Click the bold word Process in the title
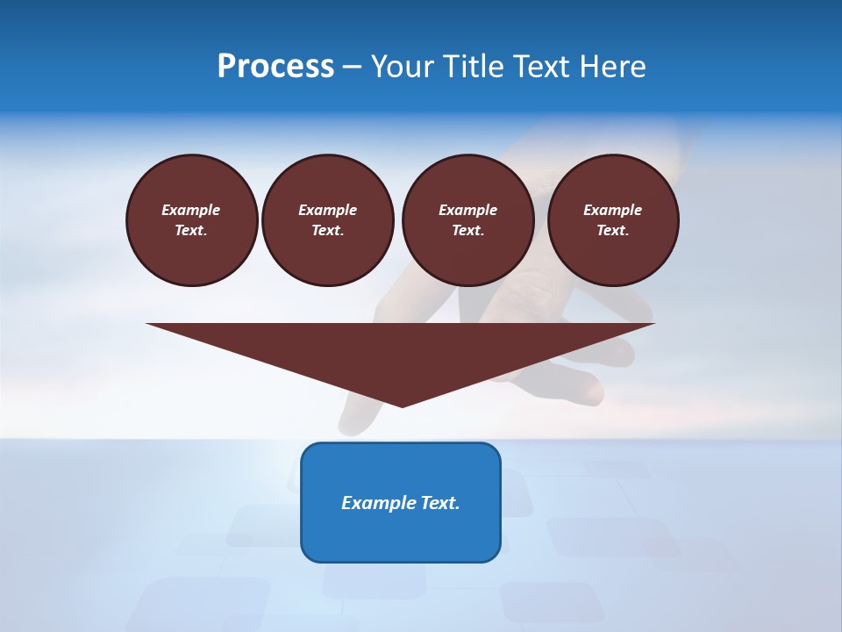click(x=275, y=67)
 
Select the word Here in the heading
click(x=612, y=67)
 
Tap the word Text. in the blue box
click(x=438, y=503)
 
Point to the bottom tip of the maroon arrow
click(x=402, y=406)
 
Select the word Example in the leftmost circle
click(x=191, y=210)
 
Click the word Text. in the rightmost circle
click(x=613, y=230)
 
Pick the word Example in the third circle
click(x=467, y=210)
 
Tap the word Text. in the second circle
click(x=327, y=230)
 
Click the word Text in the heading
click(x=542, y=67)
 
